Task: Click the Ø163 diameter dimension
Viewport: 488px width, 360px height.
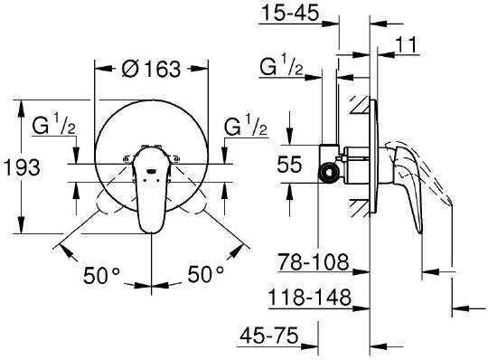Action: tap(151, 68)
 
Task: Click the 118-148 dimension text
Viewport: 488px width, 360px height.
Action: tap(310, 297)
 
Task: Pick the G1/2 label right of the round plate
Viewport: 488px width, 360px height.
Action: tap(246, 126)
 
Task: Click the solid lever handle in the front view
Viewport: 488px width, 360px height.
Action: tap(150, 194)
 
